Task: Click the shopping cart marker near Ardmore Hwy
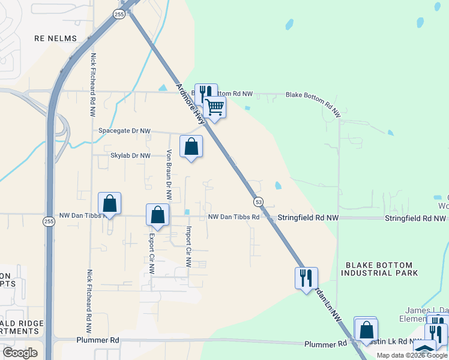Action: pyautogui.click(x=214, y=108)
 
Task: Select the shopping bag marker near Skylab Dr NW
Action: pyautogui.click(x=191, y=147)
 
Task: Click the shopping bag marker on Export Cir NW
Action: pyautogui.click(x=157, y=215)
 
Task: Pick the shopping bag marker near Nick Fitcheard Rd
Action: pyautogui.click(x=110, y=203)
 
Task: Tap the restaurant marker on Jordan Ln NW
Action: pyautogui.click(x=306, y=278)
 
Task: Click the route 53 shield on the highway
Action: pyautogui.click(x=258, y=200)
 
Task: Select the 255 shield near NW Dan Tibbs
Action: pyautogui.click(x=49, y=221)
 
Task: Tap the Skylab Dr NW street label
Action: pyautogui.click(x=130, y=155)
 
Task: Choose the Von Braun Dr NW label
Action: pyautogui.click(x=169, y=175)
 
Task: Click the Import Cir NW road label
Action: pyautogui.click(x=188, y=246)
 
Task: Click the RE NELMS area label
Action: pyautogui.click(x=56, y=38)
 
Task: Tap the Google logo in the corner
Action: pyautogui.click(x=20, y=352)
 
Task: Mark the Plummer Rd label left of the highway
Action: pyautogui.click(x=98, y=340)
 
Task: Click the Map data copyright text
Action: pyautogui.click(x=412, y=355)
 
